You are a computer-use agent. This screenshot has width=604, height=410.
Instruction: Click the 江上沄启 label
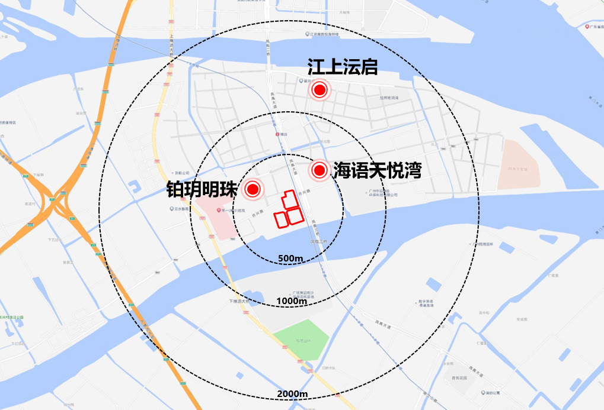click(342, 67)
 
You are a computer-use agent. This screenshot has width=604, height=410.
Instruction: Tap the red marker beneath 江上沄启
click(320, 90)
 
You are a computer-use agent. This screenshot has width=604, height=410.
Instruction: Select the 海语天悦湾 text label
click(377, 171)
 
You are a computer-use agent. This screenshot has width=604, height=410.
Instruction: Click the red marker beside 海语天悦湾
click(319, 171)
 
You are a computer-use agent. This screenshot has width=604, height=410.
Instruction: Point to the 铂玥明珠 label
click(203, 190)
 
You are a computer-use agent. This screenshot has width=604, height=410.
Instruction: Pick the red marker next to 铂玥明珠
click(253, 189)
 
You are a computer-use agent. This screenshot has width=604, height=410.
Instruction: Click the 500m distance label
click(291, 259)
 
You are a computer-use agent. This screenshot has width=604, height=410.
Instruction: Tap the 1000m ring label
click(292, 302)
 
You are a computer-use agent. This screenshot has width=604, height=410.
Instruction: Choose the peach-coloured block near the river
click(520, 164)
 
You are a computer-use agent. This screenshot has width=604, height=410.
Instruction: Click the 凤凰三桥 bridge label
click(319, 241)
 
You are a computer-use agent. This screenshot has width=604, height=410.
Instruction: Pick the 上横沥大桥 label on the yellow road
click(170, 45)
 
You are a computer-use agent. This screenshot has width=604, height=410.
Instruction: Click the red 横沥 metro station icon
click(277, 134)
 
